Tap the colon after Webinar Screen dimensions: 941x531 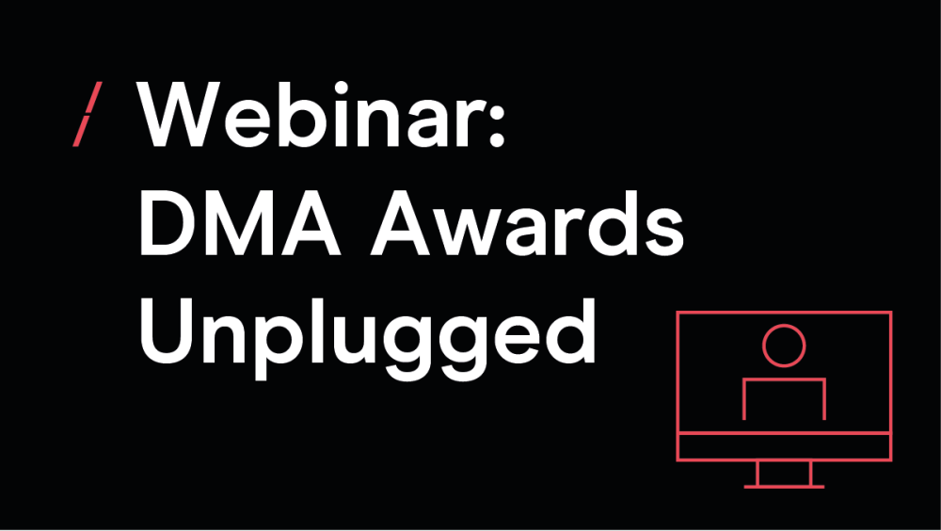click(497, 122)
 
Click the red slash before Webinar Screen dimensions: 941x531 click(88, 114)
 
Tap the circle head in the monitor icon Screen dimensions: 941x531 click(784, 346)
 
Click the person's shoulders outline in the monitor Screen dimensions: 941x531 click(785, 379)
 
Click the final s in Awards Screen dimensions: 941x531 click(663, 233)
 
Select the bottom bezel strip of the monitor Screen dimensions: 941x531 click(784, 446)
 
